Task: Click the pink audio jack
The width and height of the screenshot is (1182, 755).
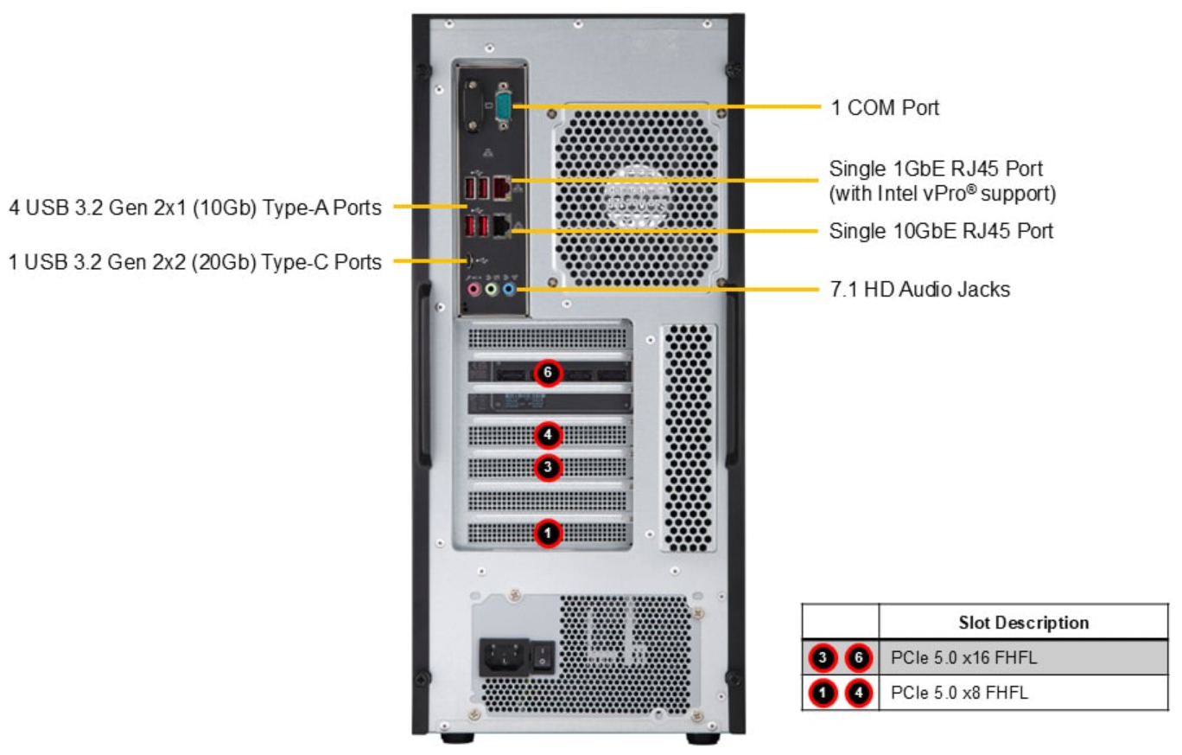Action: tap(473, 289)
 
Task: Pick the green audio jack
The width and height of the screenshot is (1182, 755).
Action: tap(491, 289)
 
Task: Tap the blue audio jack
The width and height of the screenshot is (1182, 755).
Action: tap(509, 289)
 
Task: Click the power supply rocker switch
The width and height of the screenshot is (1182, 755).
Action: tap(542, 656)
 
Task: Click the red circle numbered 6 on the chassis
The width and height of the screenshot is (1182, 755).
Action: tap(548, 373)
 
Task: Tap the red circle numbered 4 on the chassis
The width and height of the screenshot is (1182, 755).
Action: tap(548, 432)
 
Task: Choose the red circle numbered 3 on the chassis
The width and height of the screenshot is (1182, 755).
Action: tap(548, 468)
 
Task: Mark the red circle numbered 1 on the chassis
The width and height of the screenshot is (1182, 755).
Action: tap(548, 534)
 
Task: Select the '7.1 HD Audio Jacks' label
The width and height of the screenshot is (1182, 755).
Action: tap(919, 290)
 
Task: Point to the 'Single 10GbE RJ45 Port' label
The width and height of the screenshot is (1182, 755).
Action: tap(941, 232)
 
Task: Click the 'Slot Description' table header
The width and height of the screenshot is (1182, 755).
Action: tap(1023, 622)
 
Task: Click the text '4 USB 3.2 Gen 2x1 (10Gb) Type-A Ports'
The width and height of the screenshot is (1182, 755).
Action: tap(195, 207)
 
